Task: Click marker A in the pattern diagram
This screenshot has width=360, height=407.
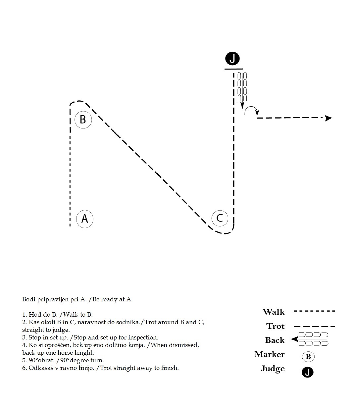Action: (x=84, y=219)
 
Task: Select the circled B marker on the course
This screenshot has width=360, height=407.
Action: (x=83, y=120)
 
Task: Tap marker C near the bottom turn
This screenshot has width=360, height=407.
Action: (x=220, y=218)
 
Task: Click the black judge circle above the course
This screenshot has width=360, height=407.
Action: (x=232, y=59)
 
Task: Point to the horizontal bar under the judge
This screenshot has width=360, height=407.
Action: (x=233, y=69)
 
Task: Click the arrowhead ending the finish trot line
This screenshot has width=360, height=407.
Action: (x=328, y=118)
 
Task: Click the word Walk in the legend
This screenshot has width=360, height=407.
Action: (x=274, y=312)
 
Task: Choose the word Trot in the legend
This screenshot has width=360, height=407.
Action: (x=275, y=326)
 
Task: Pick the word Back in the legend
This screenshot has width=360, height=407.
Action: (x=275, y=340)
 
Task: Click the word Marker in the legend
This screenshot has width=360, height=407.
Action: (x=270, y=354)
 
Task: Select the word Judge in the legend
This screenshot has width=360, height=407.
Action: (x=273, y=369)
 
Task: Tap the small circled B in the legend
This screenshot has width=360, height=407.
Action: (x=308, y=357)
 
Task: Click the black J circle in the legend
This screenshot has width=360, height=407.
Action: (x=307, y=372)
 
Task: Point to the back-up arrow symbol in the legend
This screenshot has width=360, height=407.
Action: (x=310, y=339)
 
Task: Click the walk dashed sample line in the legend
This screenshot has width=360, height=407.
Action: (x=314, y=311)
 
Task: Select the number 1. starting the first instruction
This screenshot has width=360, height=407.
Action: (x=25, y=314)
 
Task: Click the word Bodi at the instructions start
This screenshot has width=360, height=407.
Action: (x=27, y=299)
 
